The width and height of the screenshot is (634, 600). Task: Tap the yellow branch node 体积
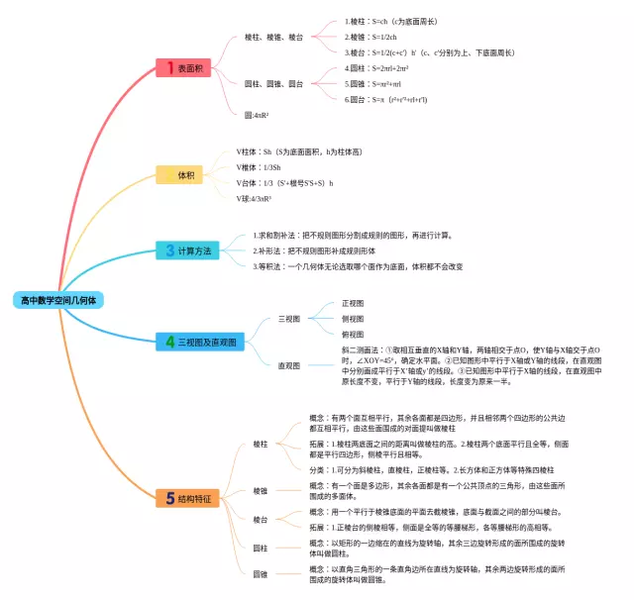[x=185, y=174]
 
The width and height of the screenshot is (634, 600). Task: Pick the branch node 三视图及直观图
[x=200, y=342]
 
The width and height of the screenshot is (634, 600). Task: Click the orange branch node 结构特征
[x=186, y=498]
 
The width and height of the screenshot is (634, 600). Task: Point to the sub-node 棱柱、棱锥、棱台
[x=273, y=36]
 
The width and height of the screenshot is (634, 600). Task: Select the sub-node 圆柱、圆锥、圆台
[x=273, y=84]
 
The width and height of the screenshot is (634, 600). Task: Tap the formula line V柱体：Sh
[x=287, y=152]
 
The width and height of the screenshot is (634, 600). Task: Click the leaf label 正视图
[x=353, y=303]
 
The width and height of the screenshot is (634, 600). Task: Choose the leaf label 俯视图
[x=353, y=335]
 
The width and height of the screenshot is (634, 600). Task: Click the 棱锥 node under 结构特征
[x=261, y=491]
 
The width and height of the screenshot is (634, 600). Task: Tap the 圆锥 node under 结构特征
[x=261, y=574]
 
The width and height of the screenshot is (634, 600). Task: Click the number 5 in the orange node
[x=169, y=498]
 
